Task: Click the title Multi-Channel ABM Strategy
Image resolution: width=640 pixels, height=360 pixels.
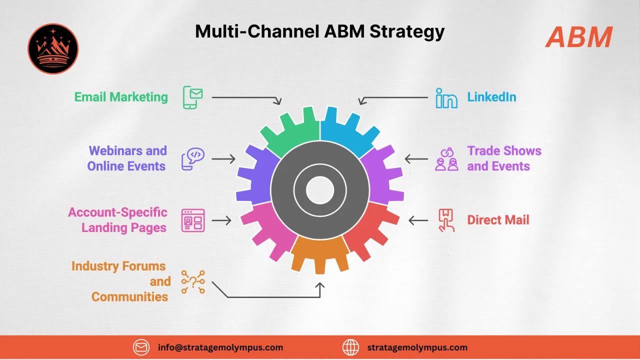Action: point(319,31)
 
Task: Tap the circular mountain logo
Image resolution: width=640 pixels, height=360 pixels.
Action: point(53,48)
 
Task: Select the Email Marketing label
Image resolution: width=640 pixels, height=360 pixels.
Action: point(121,96)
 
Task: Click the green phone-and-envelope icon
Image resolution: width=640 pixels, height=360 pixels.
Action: point(192,97)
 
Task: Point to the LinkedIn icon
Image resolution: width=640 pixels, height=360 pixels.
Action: point(446,97)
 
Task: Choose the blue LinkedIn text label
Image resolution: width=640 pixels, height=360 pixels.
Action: point(491,96)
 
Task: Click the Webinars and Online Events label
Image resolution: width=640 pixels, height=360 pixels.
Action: point(127,158)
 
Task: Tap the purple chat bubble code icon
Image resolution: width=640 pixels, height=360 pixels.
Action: point(192,158)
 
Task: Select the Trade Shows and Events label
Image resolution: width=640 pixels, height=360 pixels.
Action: point(504,158)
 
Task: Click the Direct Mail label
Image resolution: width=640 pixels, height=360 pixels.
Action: point(498,220)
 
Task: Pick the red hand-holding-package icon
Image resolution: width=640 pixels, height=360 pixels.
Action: point(446,220)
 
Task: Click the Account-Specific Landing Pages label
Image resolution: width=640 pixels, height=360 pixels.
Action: point(117,220)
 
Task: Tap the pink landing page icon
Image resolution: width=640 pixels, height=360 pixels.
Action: point(193,220)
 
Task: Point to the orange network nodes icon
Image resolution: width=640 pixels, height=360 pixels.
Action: point(193,281)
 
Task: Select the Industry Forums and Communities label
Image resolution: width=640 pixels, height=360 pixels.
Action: point(120,281)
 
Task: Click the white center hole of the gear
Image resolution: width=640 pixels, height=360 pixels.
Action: point(320,190)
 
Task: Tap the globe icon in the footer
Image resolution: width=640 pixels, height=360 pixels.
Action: point(350,347)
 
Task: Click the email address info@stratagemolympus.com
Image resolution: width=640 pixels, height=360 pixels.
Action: point(220,347)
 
